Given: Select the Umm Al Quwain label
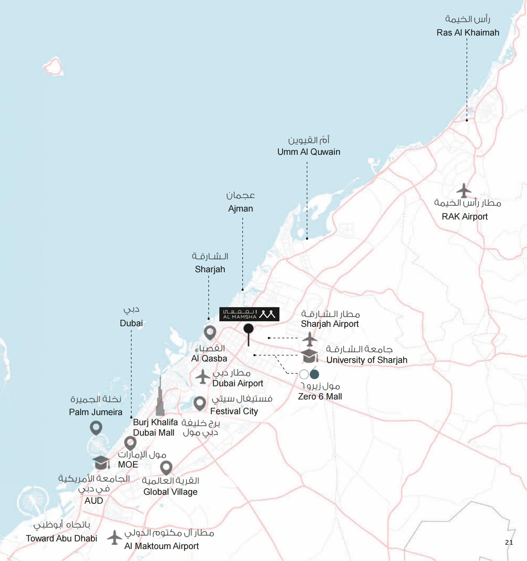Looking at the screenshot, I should point(309,152).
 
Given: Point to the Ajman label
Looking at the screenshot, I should point(241,208).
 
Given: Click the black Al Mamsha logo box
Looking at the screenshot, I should point(249,314).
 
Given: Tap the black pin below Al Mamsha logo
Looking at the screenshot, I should point(248,330).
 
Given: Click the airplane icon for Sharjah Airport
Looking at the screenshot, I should point(309,339).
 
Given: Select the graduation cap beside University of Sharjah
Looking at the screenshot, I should point(309,356).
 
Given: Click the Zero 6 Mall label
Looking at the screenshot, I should point(320,396).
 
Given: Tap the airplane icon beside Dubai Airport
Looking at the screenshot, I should point(203,377).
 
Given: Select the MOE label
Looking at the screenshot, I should point(128,464).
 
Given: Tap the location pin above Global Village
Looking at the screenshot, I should point(166,467).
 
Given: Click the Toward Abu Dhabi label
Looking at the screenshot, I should point(62,538).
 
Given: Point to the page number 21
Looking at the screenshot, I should point(509,542).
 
